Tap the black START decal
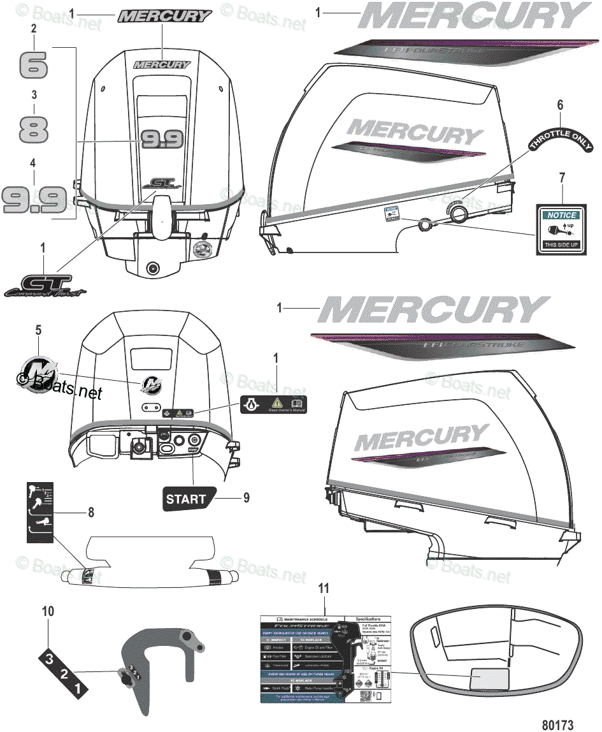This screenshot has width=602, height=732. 188,499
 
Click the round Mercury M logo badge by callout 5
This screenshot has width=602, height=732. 38,371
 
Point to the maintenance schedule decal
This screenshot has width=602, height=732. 325,659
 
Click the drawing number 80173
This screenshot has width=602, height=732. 558,724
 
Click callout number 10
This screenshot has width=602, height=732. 48,611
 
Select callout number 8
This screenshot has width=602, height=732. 90,513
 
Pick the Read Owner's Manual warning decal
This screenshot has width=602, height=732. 273,404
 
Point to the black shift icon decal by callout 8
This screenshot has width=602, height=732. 39,511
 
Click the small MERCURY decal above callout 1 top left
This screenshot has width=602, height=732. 164,15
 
